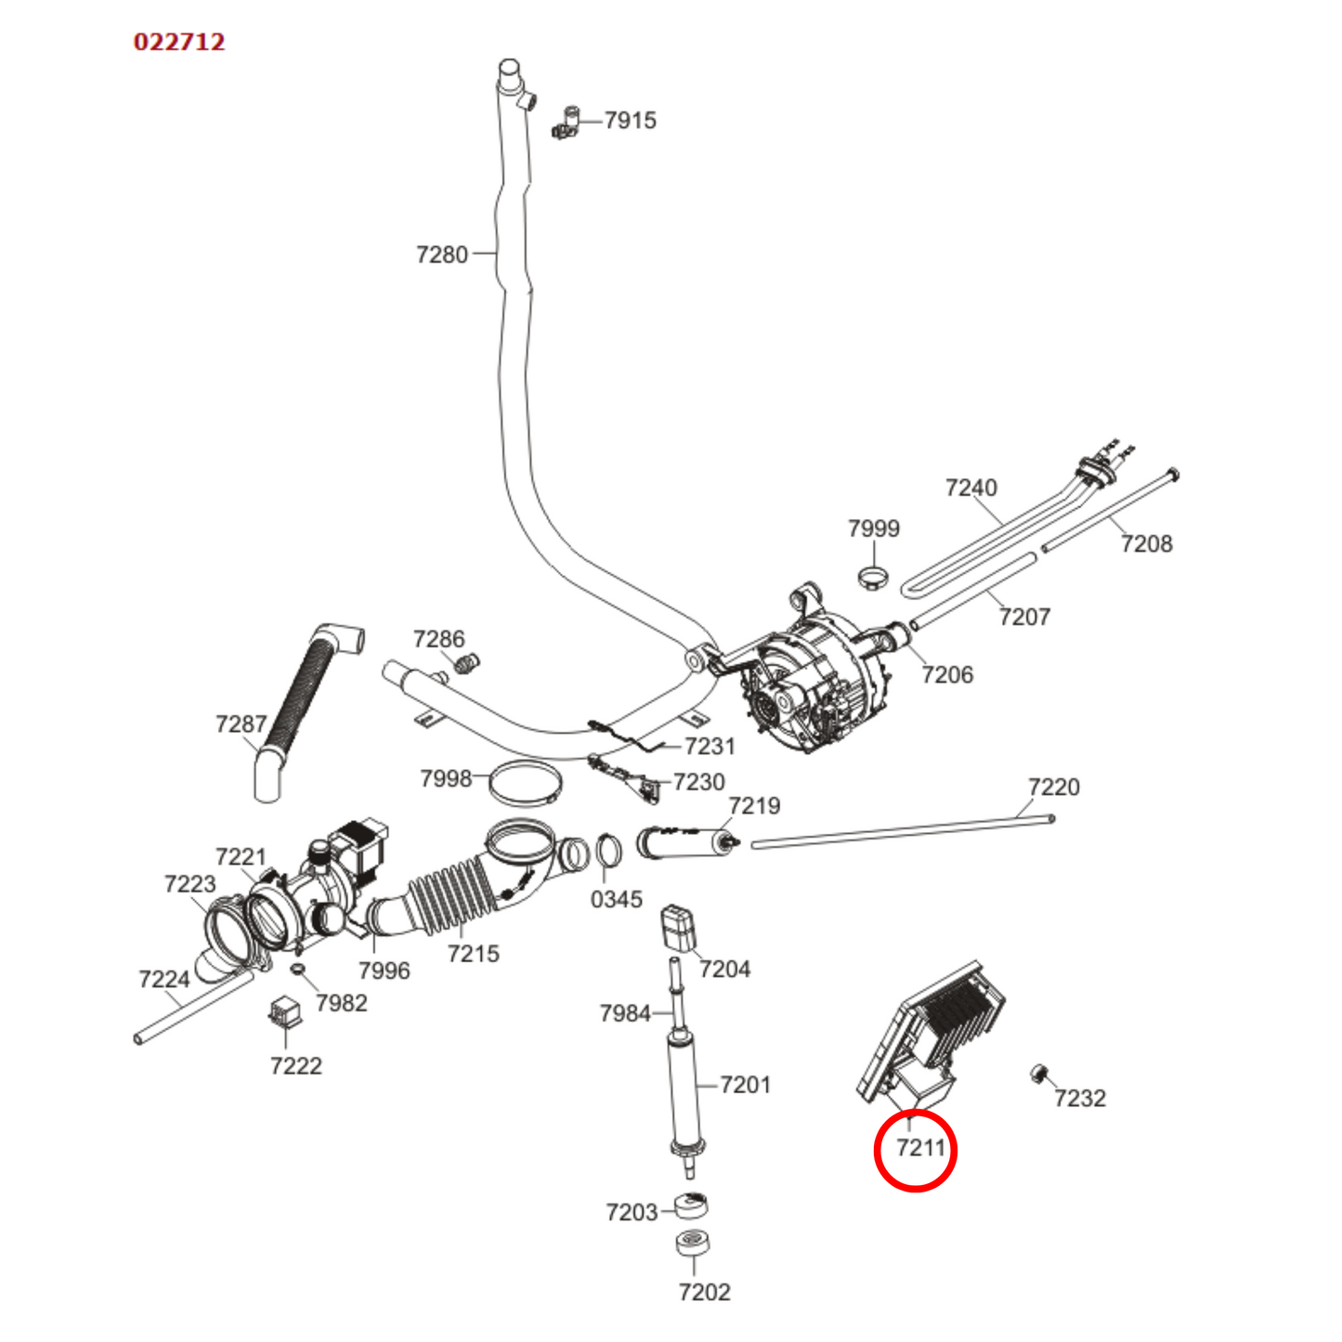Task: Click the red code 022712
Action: (x=179, y=42)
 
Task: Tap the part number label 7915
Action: (x=630, y=121)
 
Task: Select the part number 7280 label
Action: (x=442, y=254)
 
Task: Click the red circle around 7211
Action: (x=916, y=1149)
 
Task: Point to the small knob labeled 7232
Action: (x=1039, y=1075)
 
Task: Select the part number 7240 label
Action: (x=971, y=488)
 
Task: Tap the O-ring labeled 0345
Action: (x=608, y=851)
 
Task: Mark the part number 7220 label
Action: (x=1053, y=788)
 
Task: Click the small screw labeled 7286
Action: (x=467, y=663)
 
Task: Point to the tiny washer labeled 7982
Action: (x=298, y=971)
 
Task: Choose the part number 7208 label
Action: (x=1146, y=544)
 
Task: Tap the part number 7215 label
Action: (x=473, y=954)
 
